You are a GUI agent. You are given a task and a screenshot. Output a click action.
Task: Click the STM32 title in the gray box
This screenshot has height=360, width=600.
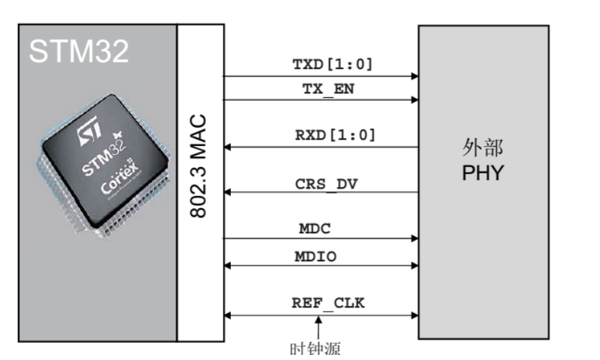(x=79, y=51)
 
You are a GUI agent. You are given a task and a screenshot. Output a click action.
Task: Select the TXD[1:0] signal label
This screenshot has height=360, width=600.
(x=332, y=64)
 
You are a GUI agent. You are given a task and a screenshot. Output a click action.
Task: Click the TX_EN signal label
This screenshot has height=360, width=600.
(x=328, y=89)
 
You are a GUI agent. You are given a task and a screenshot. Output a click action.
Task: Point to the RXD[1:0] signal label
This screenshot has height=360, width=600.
(x=332, y=135)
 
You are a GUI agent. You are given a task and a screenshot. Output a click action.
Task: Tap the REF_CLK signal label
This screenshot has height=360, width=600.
(x=328, y=303)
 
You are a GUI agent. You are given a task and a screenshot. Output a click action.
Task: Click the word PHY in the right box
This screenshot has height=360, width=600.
(x=483, y=174)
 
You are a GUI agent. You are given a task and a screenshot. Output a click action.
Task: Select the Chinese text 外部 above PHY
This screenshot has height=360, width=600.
(x=483, y=149)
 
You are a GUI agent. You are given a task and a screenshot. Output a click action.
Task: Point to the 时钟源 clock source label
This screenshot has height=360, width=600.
(x=314, y=349)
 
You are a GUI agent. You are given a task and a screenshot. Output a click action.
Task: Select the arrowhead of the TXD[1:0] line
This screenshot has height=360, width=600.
(x=414, y=76)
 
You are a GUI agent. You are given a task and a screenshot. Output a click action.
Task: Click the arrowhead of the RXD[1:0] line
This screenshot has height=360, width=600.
(x=227, y=147)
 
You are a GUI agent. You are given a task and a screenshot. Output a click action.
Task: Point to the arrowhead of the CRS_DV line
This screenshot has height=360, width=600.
(x=227, y=192)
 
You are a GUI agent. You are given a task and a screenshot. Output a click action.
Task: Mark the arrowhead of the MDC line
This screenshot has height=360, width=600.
(x=414, y=238)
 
